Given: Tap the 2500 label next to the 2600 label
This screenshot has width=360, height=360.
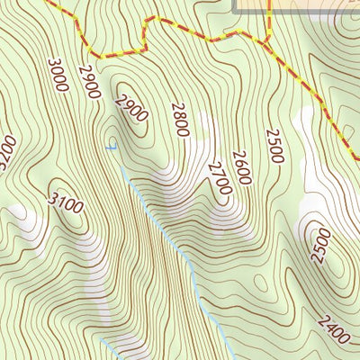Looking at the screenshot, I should coord(274,146).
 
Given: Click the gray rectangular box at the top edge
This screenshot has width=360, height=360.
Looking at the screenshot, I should coord(296,6).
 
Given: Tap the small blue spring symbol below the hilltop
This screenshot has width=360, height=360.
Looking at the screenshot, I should coord(111,147).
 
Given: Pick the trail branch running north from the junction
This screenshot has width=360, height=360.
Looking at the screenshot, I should coord(269,18).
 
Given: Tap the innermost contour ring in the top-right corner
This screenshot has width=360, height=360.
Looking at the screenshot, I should coord(351,22).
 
